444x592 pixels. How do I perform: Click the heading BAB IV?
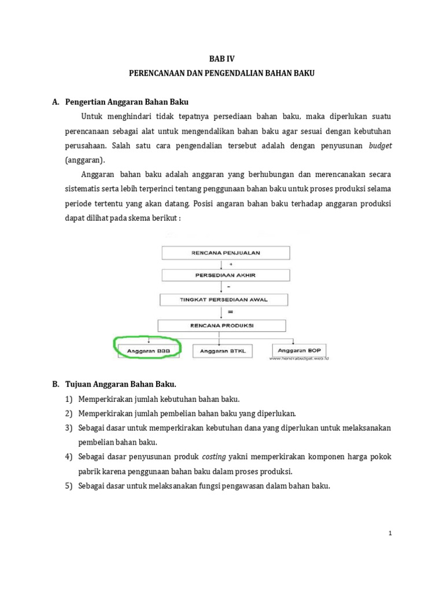pyautogui.click(x=222, y=58)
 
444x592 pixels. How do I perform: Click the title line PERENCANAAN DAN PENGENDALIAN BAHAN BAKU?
pyautogui.click(x=222, y=75)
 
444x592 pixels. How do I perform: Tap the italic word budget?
pyautogui.click(x=380, y=146)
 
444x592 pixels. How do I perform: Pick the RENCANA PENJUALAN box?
pyautogui.click(x=226, y=252)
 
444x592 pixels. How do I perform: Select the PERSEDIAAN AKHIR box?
pyautogui.click(x=226, y=275)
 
